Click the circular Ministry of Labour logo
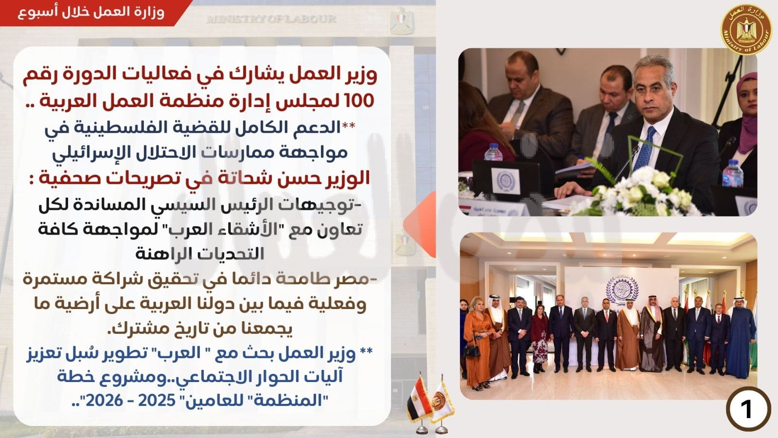[746, 30]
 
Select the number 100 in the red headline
[360, 100]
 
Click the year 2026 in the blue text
[104, 401]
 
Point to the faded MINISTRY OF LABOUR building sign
[271, 19]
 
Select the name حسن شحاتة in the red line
[268, 179]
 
